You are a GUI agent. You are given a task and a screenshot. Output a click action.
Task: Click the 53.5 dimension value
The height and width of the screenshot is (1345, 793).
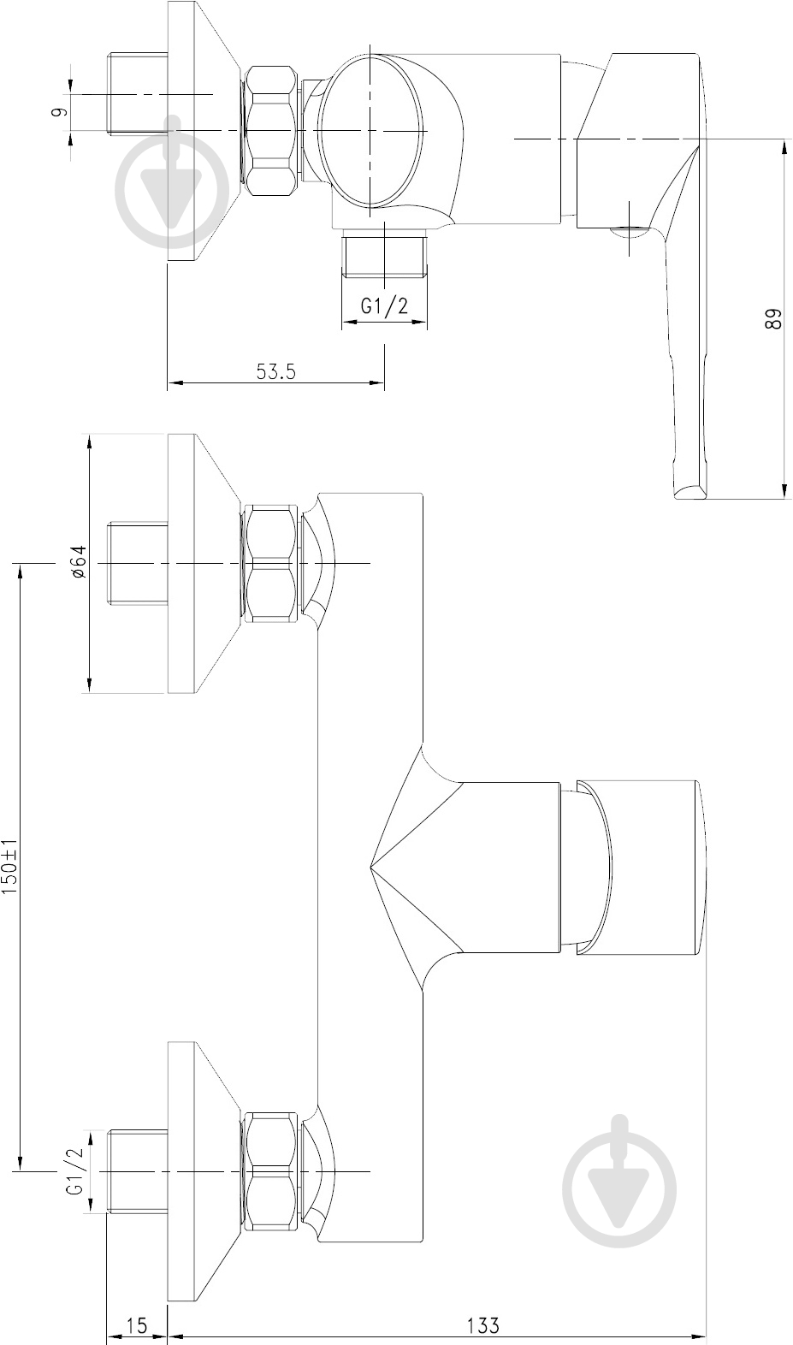(276, 371)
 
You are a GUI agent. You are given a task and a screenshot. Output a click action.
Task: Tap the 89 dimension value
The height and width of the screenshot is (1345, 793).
(774, 319)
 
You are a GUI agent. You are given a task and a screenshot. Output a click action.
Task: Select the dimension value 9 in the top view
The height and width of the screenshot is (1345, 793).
(57, 112)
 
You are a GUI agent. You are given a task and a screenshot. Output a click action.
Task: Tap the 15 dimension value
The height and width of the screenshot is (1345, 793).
(138, 1325)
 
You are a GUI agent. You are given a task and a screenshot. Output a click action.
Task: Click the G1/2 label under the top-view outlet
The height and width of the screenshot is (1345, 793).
(384, 306)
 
